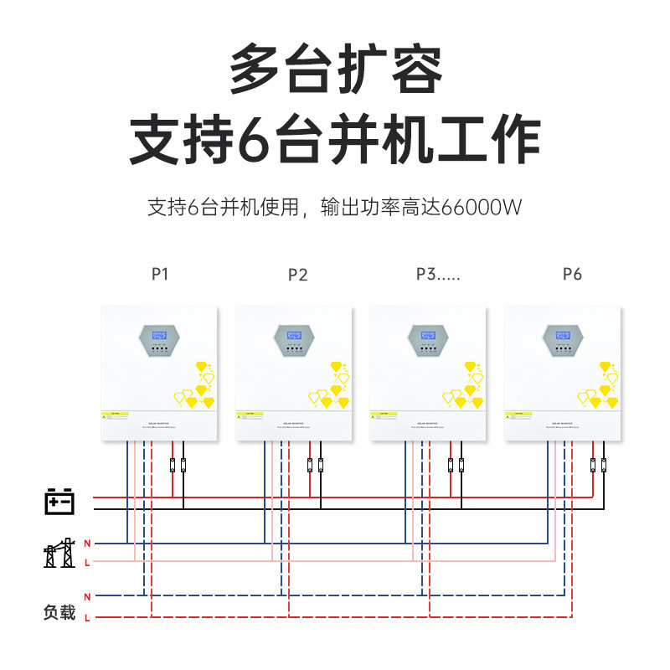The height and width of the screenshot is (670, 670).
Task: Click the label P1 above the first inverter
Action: pyautogui.click(x=160, y=273)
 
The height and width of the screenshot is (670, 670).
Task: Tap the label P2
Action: pyautogui.click(x=297, y=275)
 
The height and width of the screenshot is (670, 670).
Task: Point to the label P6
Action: pyautogui.click(x=572, y=274)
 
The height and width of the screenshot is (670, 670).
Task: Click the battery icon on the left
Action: pyautogui.click(x=59, y=501)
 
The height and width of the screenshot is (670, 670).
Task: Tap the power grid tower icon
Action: pyautogui.click(x=59, y=553)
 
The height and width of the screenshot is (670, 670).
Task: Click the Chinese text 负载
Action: pyautogui.click(x=59, y=612)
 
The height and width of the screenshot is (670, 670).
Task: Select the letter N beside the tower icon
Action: pyautogui.click(x=87, y=544)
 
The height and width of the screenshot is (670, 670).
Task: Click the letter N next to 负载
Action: pyautogui.click(x=87, y=596)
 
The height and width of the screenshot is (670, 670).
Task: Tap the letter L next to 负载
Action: pyautogui.click(x=87, y=617)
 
